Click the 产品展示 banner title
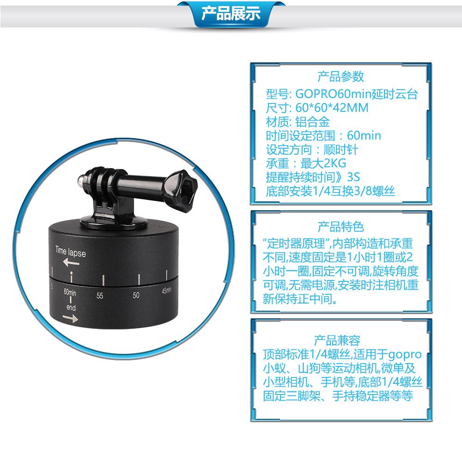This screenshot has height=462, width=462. (231, 13)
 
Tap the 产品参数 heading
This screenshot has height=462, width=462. (340, 77)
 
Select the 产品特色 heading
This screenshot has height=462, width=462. (340, 226)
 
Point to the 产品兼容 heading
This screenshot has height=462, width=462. (337, 340)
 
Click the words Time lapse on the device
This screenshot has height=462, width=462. (70, 252)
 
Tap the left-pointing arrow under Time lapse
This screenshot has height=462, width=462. (71, 262)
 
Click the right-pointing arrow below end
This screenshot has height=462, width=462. (70, 318)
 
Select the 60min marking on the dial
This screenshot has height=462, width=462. (70, 292)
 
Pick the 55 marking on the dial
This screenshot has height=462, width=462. (100, 295)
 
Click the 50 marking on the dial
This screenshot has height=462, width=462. (136, 295)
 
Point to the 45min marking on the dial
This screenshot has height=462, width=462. (166, 291)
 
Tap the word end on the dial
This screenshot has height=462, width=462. (71, 308)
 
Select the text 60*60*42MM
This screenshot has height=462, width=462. (332, 108)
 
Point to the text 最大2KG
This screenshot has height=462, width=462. (323, 163)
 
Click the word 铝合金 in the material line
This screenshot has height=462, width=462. (313, 122)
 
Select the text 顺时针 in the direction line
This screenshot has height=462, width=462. (341, 150)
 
